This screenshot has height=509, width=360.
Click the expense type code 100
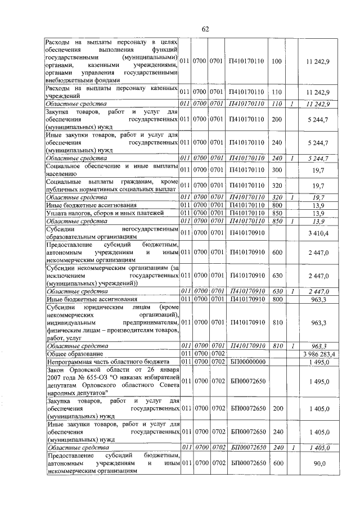pos(276,61)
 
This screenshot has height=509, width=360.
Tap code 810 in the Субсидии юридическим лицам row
pos(276,322)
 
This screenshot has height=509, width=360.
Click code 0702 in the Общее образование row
pos(216,353)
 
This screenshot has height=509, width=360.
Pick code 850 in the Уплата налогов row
pos(276,213)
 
